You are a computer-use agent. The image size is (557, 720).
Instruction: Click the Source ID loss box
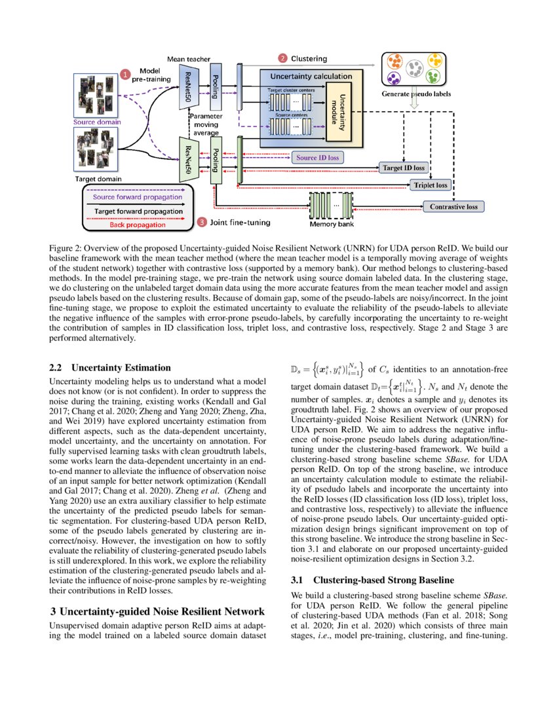pyautogui.click(x=318, y=158)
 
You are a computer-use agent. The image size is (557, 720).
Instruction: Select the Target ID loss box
pyautogui.click(x=402, y=168)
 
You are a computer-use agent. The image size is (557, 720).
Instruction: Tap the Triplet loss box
pyautogui.click(x=431, y=185)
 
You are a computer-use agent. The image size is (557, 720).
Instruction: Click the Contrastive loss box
pyautogui.click(x=453, y=207)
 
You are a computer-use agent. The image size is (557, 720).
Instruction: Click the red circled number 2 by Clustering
pyautogui.click(x=282, y=58)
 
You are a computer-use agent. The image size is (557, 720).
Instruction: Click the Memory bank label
pyautogui.click(x=332, y=224)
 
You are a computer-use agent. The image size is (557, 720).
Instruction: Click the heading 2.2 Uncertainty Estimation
pyautogui.click(x=110, y=368)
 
